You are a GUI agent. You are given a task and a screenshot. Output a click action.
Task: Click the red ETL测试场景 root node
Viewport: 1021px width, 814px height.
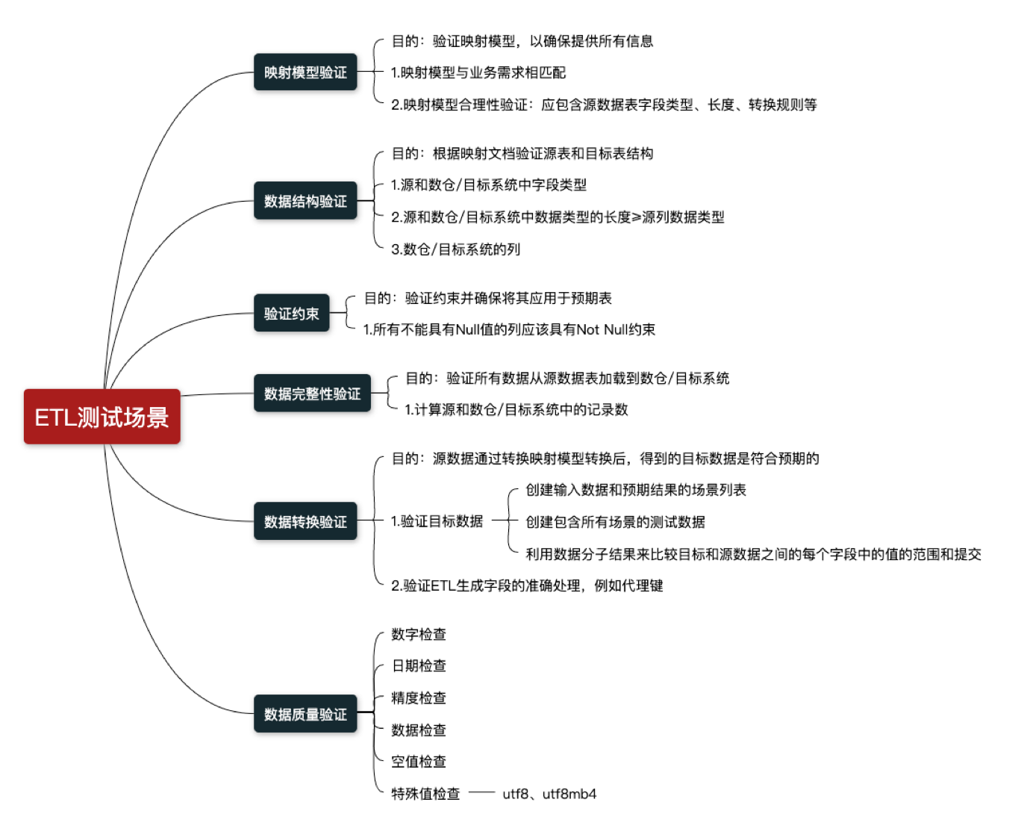pyautogui.click(x=102, y=417)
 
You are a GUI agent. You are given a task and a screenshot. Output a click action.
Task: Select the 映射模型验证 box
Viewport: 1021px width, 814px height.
pyautogui.click(x=305, y=72)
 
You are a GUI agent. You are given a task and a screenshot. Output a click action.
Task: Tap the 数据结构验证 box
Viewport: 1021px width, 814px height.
pyautogui.click(x=305, y=201)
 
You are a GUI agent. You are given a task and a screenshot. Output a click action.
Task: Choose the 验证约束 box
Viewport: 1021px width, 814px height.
pyautogui.click(x=291, y=314)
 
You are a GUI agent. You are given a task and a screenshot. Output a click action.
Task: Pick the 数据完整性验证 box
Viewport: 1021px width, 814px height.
pyautogui.click(x=312, y=394)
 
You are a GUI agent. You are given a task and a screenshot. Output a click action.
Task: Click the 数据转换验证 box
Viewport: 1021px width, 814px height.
pyautogui.click(x=305, y=521)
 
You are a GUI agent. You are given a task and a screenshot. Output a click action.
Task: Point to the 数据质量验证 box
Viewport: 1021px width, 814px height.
pyautogui.click(x=305, y=714)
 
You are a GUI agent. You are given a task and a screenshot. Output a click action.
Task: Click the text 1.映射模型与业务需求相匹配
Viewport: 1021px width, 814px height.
pyautogui.click(x=478, y=72)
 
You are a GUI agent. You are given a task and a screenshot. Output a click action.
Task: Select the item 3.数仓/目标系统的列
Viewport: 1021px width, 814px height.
pyautogui.click(x=455, y=249)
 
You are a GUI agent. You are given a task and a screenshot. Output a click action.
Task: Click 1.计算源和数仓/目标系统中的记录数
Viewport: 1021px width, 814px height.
pyautogui.click(x=516, y=409)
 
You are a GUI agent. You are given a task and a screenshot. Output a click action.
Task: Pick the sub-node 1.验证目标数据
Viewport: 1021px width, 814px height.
pyautogui.click(x=437, y=521)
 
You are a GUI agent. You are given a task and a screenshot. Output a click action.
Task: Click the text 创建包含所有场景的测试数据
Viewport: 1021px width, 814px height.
pyautogui.click(x=615, y=522)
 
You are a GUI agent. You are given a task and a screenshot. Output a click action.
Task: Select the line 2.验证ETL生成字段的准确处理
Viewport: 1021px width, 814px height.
pyautogui.click(x=527, y=585)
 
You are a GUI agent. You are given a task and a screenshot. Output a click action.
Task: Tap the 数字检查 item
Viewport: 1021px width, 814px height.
pyautogui.click(x=419, y=634)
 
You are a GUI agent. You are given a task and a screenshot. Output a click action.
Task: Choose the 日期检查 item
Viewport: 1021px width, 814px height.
pyautogui.click(x=419, y=665)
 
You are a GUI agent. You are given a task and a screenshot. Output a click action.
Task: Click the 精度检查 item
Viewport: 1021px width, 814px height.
pyautogui.click(x=419, y=698)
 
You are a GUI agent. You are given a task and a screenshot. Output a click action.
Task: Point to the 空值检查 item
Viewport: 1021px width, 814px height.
pyautogui.click(x=419, y=761)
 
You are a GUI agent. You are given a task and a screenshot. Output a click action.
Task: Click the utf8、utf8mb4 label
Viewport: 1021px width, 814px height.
pyautogui.click(x=549, y=793)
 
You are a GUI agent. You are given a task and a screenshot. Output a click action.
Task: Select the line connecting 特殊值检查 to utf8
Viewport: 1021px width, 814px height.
pyautogui.click(x=481, y=792)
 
